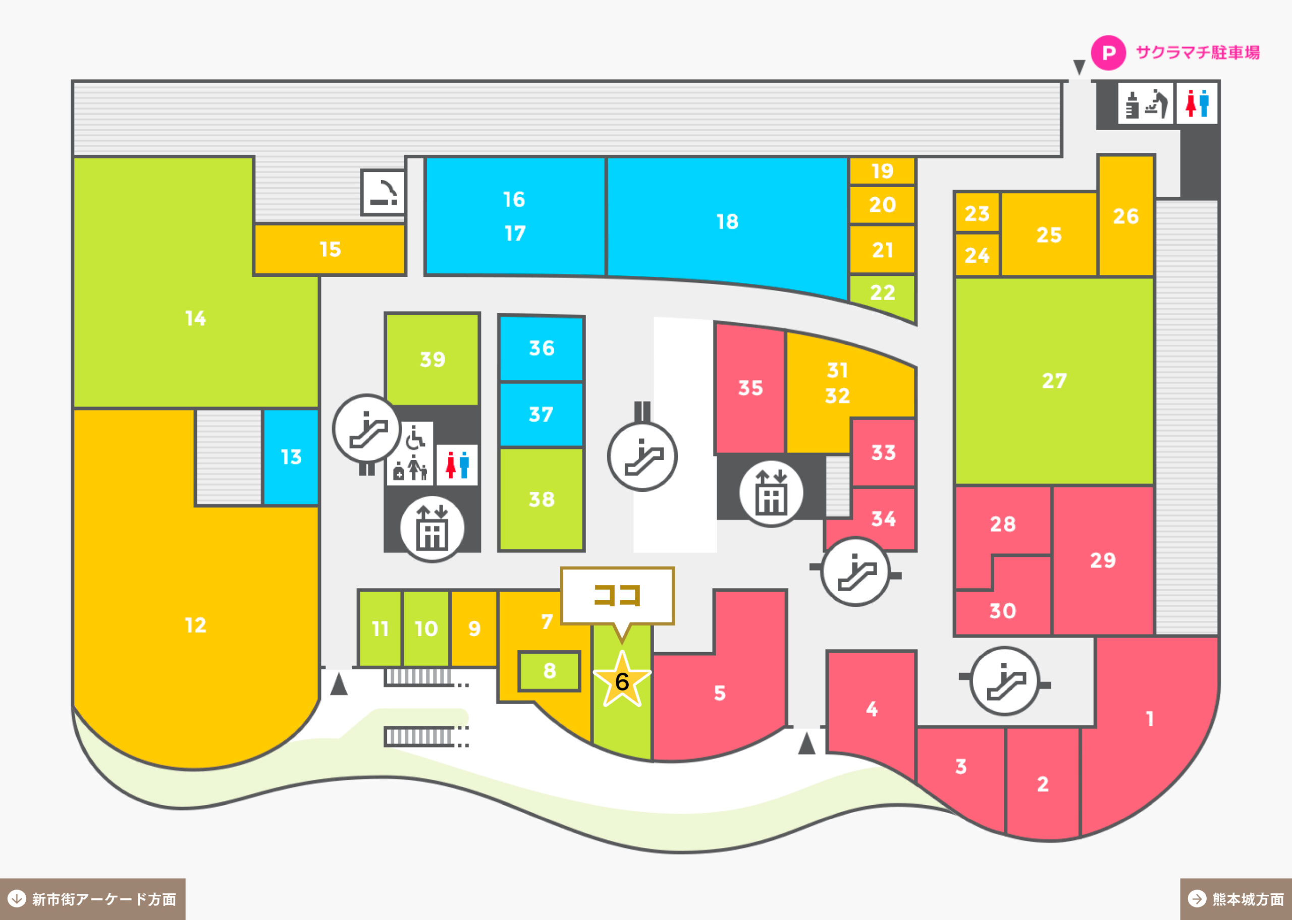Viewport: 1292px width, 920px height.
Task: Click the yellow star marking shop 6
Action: coord(622,680)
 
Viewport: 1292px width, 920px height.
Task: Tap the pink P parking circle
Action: coord(1108,52)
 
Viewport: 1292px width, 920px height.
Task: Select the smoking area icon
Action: coord(384,193)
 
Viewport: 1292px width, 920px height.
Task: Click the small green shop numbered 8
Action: coord(549,671)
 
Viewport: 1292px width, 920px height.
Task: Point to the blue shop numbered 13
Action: coord(291,456)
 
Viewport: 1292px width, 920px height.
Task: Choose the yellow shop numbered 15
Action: coord(330,249)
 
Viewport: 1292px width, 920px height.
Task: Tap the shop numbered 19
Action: coord(882,171)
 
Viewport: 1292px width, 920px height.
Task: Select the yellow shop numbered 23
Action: coord(977,213)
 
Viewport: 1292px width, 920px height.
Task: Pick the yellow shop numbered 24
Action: coord(977,255)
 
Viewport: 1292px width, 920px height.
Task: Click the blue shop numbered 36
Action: coord(541,349)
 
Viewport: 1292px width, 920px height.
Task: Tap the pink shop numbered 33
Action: coord(883,452)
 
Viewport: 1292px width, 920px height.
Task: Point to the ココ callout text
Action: coord(617,595)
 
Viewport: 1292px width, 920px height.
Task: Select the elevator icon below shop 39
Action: coord(432,529)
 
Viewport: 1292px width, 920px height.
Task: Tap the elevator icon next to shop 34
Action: coord(771,493)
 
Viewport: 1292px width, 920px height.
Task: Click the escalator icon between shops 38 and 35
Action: coord(642,456)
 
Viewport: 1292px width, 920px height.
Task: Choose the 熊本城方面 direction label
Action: coord(1236,899)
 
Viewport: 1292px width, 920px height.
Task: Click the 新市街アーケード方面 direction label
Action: coord(92,899)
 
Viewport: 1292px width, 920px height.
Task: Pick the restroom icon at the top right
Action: coord(1197,103)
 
